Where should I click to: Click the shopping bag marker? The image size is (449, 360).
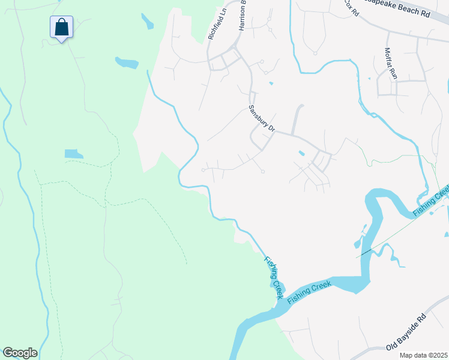click(x=61, y=28)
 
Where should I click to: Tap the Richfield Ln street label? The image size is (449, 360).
click(x=215, y=24)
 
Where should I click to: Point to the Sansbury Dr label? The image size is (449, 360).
click(x=261, y=119)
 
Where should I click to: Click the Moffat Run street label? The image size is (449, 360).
click(x=391, y=64)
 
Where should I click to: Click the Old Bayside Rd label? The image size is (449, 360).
click(x=405, y=332)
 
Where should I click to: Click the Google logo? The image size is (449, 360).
click(x=19, y=353)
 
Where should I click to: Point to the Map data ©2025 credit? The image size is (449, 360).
click(x=423, y=355)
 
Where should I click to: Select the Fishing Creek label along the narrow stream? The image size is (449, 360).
click(x=273, y=278)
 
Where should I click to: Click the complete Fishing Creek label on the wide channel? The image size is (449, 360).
click(x=310, y=293)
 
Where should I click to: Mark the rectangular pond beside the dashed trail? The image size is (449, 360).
click(x=74, y=154)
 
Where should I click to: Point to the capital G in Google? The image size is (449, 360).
click(x=8, y=353)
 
